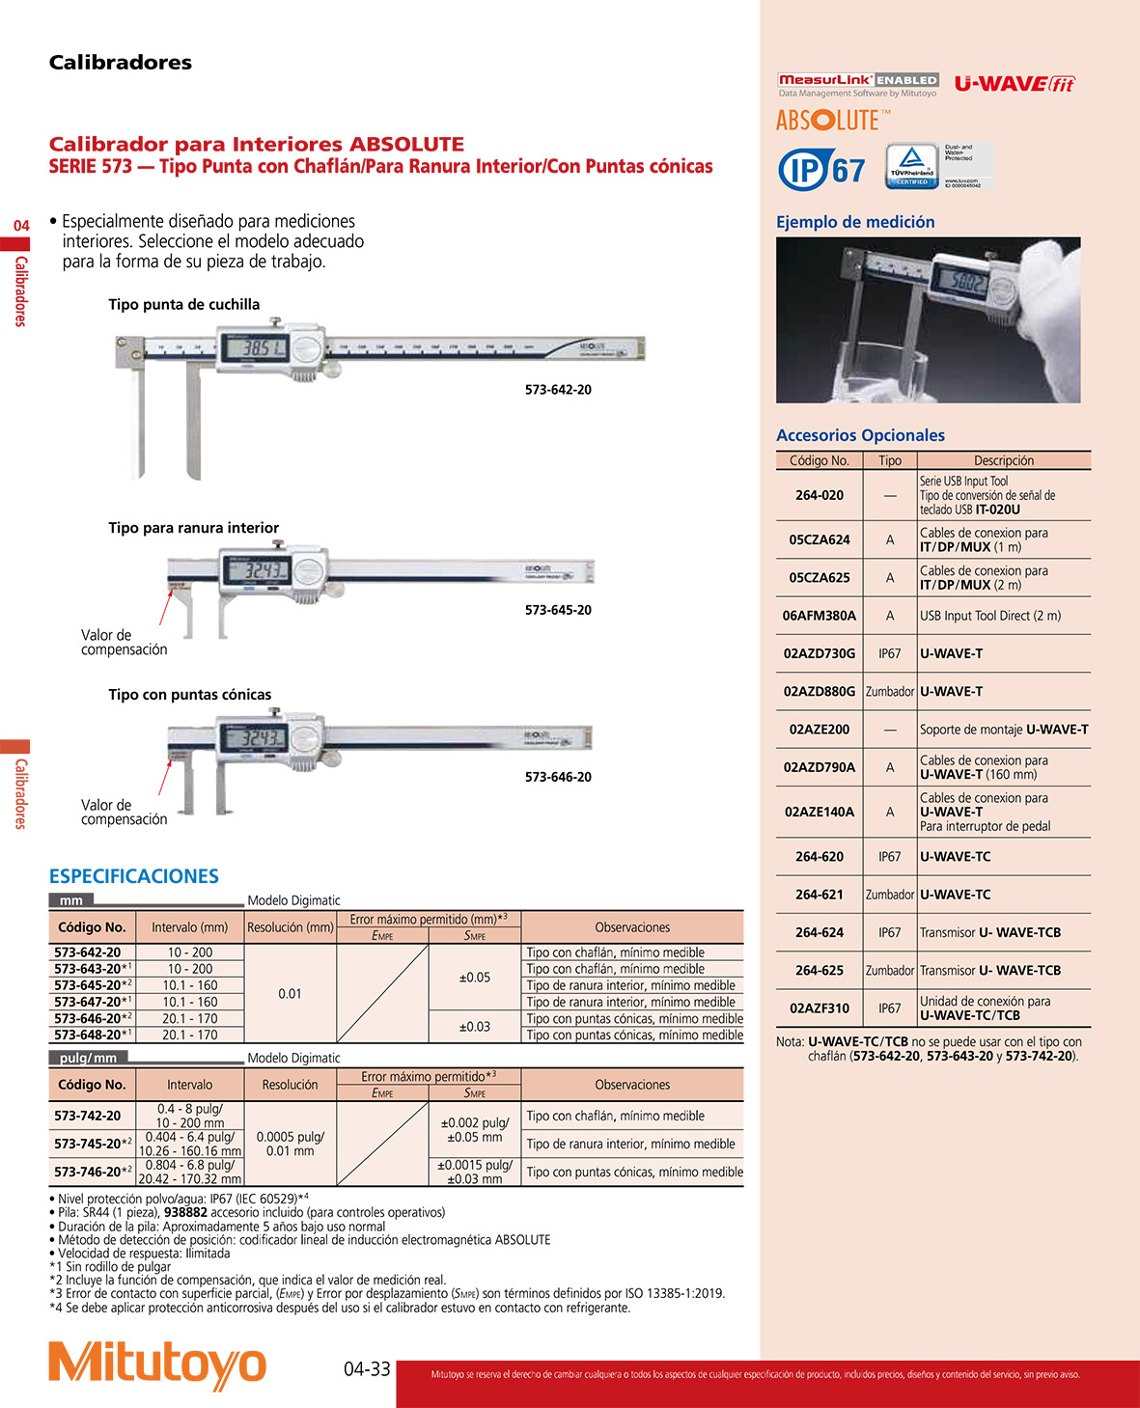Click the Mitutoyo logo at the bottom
157,1366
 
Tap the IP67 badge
821,170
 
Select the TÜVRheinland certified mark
912,166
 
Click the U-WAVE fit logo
1015,84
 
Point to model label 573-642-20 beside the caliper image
558,390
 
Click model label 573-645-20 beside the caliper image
558,610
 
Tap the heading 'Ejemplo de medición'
855,222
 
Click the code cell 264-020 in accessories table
820,495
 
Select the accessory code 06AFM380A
820,616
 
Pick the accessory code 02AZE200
820,730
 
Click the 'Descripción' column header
1004,461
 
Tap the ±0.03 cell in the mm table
475,1027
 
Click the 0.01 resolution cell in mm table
290,994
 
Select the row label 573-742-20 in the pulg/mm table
88,1116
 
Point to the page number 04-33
367,1368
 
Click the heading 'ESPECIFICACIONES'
134,876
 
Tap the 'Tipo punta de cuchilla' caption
184,305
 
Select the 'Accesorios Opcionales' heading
860,435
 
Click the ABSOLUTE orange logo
828,121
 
